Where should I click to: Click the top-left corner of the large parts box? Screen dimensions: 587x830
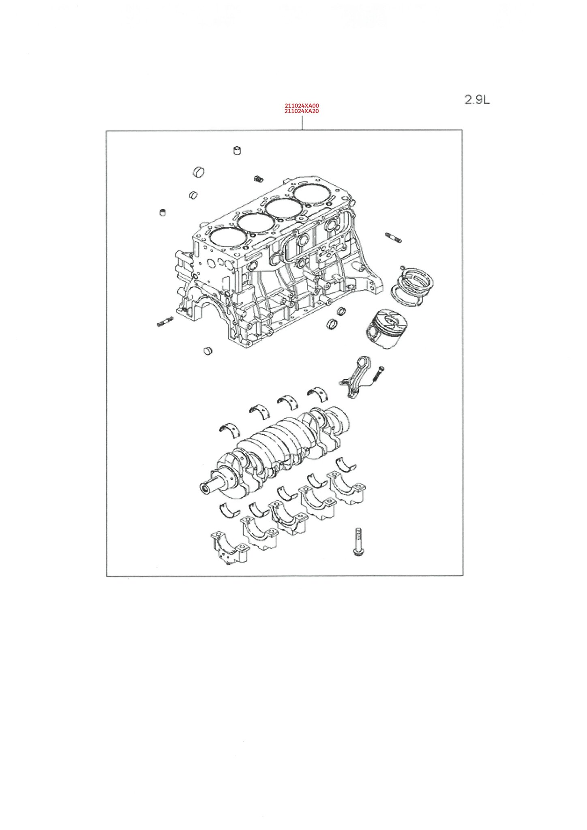coord(106,130)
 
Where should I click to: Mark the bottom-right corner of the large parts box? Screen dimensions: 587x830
coord(463,575)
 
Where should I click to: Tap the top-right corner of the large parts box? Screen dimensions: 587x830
coord(462,130)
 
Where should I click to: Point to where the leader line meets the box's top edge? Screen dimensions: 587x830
coord(302,130)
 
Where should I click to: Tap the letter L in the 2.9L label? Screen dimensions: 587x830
coord(486,100)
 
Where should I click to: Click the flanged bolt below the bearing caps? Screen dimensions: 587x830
coord(358,541)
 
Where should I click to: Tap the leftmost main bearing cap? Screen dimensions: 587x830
coord(229,547)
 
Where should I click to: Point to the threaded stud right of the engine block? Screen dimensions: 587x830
coord(394,237)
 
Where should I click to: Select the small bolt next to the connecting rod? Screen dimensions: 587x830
coord(378,374)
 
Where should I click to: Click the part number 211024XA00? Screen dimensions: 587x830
coord(302,106)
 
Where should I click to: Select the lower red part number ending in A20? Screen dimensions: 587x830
coord(302,111)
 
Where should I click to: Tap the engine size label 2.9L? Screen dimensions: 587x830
coord(477,100)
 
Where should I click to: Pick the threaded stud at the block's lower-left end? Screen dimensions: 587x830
coord(165,322)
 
